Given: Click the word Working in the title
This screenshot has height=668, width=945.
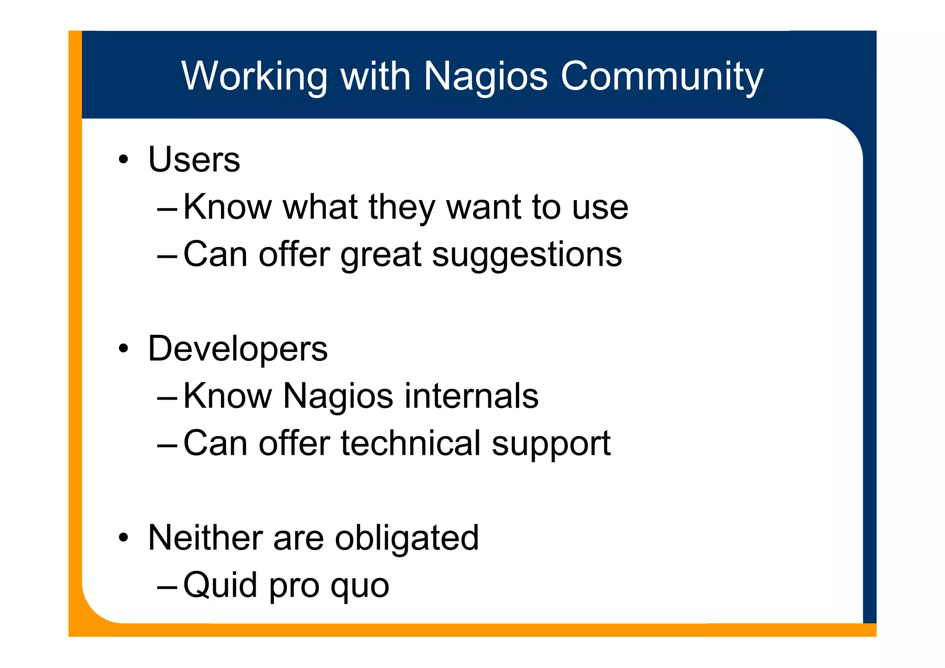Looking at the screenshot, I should point(254,76).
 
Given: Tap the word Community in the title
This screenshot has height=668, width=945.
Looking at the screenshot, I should point(662,76).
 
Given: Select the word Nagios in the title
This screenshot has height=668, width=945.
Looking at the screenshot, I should point(485,76).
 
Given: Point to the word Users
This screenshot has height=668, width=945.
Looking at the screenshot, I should point(194,160).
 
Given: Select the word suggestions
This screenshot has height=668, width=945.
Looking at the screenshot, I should point(527,255).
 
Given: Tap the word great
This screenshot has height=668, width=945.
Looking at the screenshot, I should point(381,255).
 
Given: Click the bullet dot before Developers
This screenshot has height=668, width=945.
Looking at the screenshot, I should point(123,349).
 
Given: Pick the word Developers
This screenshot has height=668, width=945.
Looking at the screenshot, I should point(238,349).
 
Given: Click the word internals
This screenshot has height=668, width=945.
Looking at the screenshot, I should point(471,396).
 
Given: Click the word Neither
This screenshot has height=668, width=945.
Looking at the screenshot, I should point(205,537).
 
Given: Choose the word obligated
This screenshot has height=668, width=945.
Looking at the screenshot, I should point(407,538).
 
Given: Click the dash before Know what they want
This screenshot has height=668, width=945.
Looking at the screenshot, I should point(167,209).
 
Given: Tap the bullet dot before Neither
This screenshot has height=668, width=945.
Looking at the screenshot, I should point(123,538).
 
